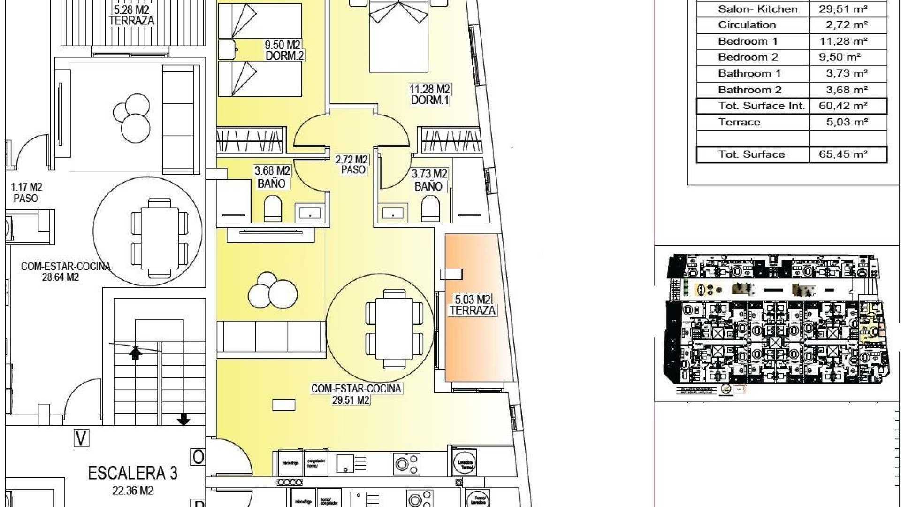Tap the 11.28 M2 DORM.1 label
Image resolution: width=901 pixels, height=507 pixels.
pyautogui.click(x=429, y=94)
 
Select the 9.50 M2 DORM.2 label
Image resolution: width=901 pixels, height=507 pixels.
pyautogui.click(x=283, y=50)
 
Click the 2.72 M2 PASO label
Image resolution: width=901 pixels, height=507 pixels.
pyautogui.click(x=352, y=164)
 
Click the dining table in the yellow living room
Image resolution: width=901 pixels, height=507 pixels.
pyautogui.click(x=394, y=329)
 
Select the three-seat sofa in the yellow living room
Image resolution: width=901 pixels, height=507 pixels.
pyautogui.click(x=271, y=336)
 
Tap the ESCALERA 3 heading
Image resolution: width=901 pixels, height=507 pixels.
pyautogui.click(x=133, y=473)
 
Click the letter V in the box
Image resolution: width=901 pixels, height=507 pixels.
pyautogui.click(x=82, y=438)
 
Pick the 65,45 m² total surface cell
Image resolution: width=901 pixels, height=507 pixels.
pyautogui.click(x=843, y=154)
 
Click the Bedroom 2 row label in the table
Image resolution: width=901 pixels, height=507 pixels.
pyautogui.click(x=748, y=57)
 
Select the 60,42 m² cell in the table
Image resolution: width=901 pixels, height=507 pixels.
pyautogui.click(x=843, y=106)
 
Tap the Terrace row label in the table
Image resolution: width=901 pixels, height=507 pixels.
pyautogui.click(x=739, y=122)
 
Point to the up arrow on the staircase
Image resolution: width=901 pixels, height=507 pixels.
pyautogui.click(x=136, y=353)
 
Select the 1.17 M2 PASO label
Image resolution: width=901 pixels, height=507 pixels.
pyautogui.click(x=26, y=192)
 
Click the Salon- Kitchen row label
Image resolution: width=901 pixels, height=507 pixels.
pyautogui.click(x=757, y=9)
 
